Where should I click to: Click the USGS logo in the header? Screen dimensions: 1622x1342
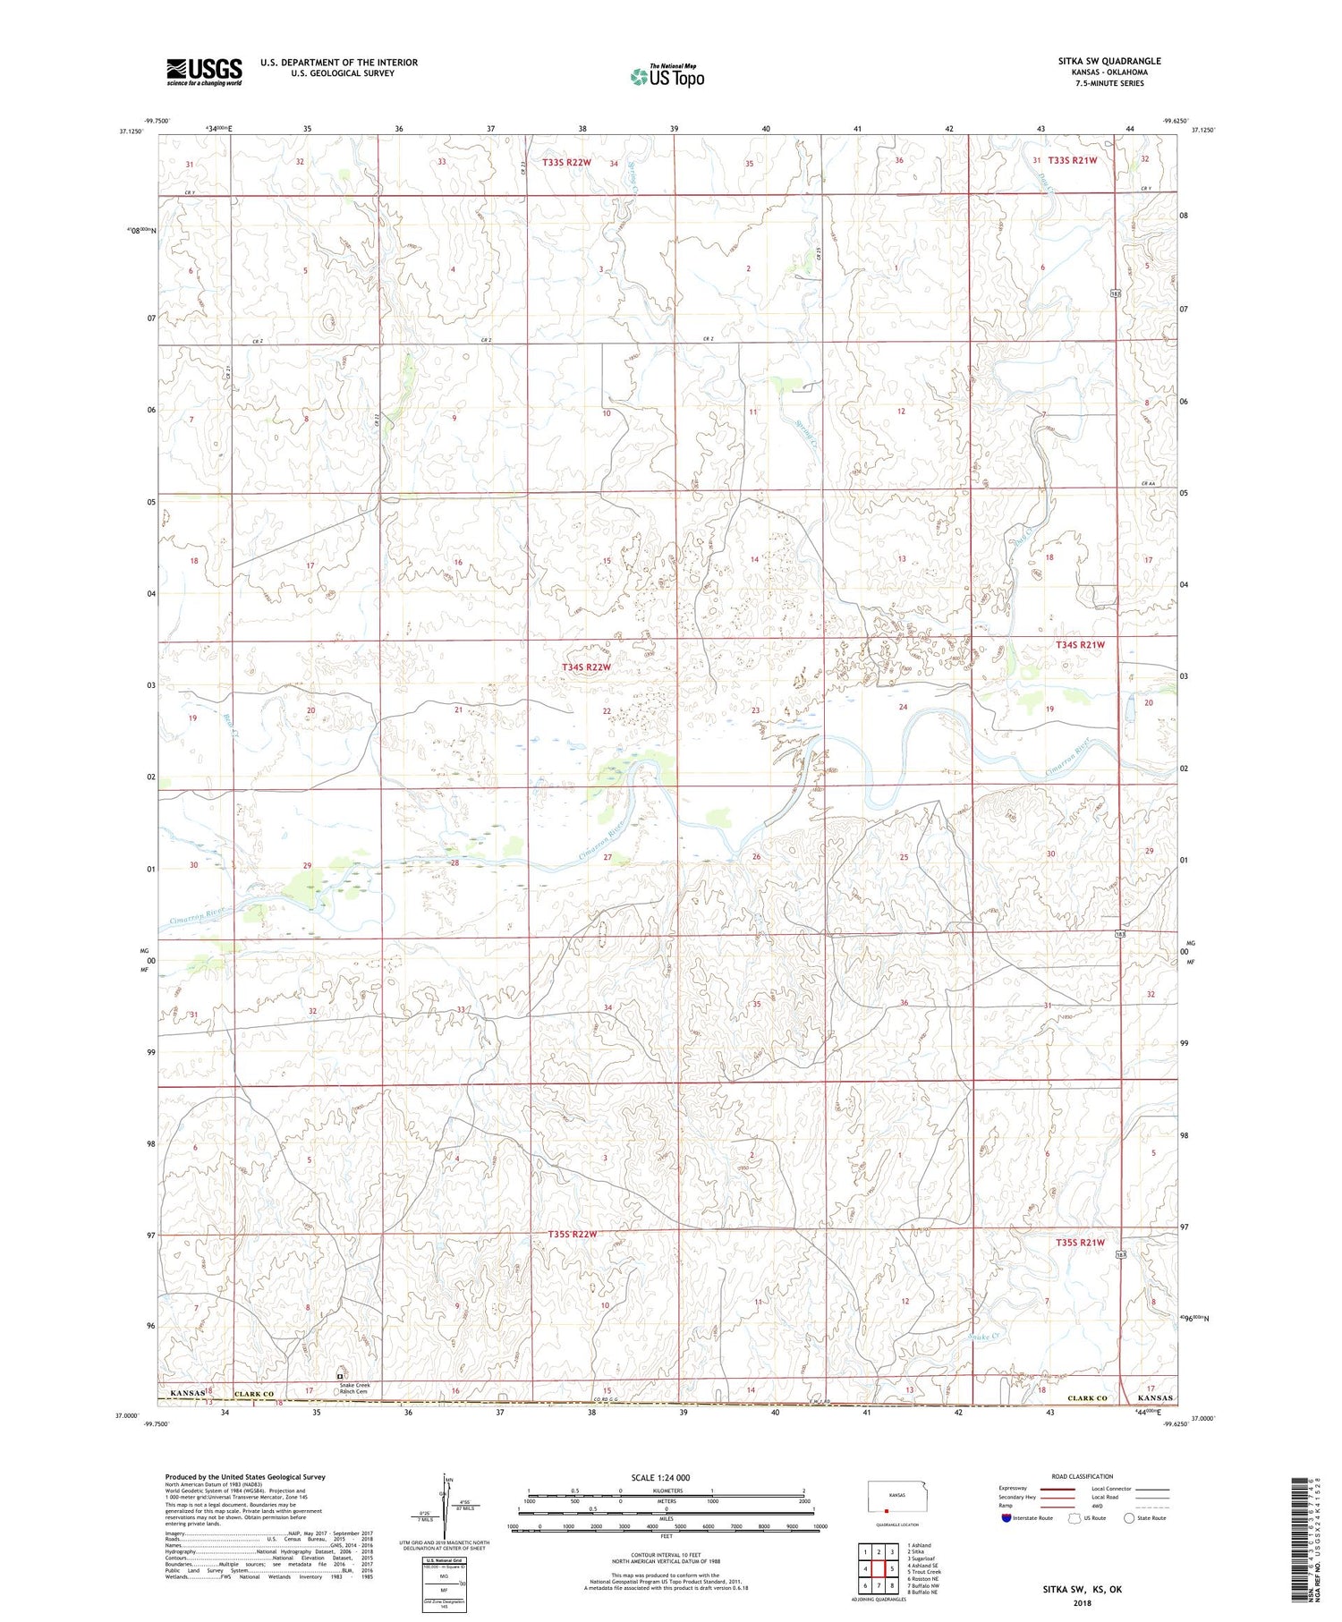[204, 72]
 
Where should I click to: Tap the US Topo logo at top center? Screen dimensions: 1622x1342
[667, 76]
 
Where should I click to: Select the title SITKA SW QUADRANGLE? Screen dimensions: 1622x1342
[1109, 61]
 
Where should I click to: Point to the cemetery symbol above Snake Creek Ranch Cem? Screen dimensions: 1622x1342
[339, 1375]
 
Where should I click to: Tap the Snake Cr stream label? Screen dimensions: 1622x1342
[982, 1336]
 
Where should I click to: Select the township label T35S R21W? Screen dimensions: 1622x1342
[1080, 1243]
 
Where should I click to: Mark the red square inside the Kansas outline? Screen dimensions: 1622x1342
[886, 1510]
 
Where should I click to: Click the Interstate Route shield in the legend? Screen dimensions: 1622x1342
[1006, 1518]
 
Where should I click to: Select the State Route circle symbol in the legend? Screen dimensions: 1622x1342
[1130, 1518]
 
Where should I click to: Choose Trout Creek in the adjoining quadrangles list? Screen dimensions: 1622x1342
[924, 1572]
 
